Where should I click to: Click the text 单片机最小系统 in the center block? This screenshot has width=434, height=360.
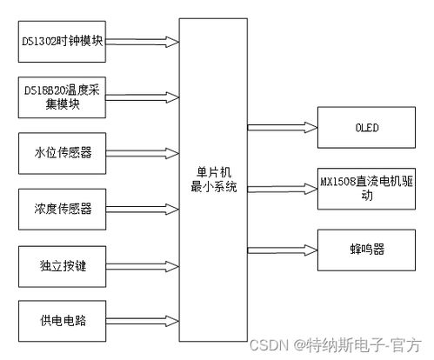click(214, 180)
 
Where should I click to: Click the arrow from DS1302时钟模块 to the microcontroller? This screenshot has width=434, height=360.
click(142, 42)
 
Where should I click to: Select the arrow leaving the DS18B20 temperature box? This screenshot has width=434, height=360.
click(142, 97)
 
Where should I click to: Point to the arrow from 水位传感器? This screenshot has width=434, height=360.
click(143, 153)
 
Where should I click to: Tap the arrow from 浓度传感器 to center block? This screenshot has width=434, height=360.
click(143, 210)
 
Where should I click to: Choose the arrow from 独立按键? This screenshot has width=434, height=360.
click(143, 267)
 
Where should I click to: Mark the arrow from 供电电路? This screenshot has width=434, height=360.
click(143, 321)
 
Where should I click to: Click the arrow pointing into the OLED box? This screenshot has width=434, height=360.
click(283, 128)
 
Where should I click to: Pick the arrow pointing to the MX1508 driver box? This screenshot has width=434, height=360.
click(283, 189)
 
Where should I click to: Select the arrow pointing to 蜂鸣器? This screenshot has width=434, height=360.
click(283, 250)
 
